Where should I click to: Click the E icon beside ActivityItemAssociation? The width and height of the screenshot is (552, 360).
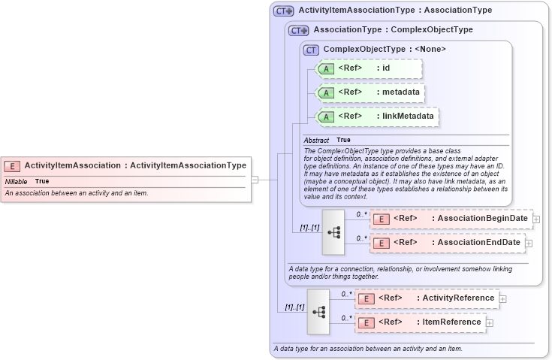(x=12, y=165)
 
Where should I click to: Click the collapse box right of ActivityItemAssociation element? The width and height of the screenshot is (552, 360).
(x=255, y=180)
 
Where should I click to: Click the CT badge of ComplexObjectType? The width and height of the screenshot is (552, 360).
(x=311, y=50)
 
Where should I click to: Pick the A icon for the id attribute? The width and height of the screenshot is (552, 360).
(x=326, y=69)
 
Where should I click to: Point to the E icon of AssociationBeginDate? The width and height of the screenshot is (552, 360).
(x=381, y=219)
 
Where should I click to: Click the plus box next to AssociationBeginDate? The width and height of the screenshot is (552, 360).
(x=536, y=219)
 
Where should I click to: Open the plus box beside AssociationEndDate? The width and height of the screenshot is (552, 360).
(x=529, y=243)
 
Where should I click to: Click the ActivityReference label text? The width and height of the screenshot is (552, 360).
(x=458, y=298)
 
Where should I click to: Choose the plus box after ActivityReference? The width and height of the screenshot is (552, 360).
(x=502, y=298)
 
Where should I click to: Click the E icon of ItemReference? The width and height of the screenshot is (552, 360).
(x=366, y=322)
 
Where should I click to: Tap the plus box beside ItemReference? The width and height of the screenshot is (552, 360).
(x=490, y=322)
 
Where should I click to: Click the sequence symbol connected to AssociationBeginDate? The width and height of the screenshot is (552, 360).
(x=333, y=231)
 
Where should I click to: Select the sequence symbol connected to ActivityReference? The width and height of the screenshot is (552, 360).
(x=318, y=310)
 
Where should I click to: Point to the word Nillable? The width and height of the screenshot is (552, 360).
(x=17, y=182)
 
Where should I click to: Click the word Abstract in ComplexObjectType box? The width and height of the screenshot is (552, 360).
(x=316, y=141)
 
